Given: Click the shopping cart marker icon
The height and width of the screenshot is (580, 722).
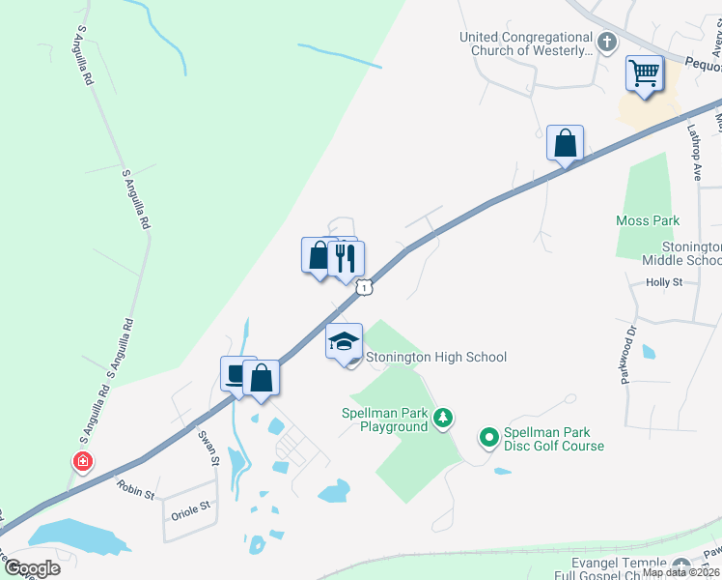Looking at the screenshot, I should click(x=644, y=72).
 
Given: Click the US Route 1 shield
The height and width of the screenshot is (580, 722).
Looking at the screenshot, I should click(x=364, y=286).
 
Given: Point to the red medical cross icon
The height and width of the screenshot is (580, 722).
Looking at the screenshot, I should click(x=84, y=462).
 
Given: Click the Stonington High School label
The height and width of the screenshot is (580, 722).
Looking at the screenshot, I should click(x=436, y=358).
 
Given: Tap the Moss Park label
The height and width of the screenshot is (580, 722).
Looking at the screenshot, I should click(x=648, y=221).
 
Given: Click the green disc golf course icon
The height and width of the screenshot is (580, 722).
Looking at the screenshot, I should click(x=488, y=439).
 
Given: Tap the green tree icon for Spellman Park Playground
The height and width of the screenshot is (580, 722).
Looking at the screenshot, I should click(x=443, y=418).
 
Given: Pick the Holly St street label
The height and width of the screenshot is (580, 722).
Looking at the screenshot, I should click(x=664, y=282).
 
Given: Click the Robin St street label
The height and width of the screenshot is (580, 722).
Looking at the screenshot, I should click(x=136, y=492).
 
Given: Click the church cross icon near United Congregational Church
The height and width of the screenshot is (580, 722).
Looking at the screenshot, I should click(x=606, y=43).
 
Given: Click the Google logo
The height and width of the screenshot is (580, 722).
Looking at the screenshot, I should click(x=32, y=568).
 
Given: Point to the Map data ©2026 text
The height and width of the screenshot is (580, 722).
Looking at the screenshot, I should click(x=681, y=572).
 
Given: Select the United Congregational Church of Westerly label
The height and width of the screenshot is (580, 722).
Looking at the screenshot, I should click(x=526, y=43).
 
